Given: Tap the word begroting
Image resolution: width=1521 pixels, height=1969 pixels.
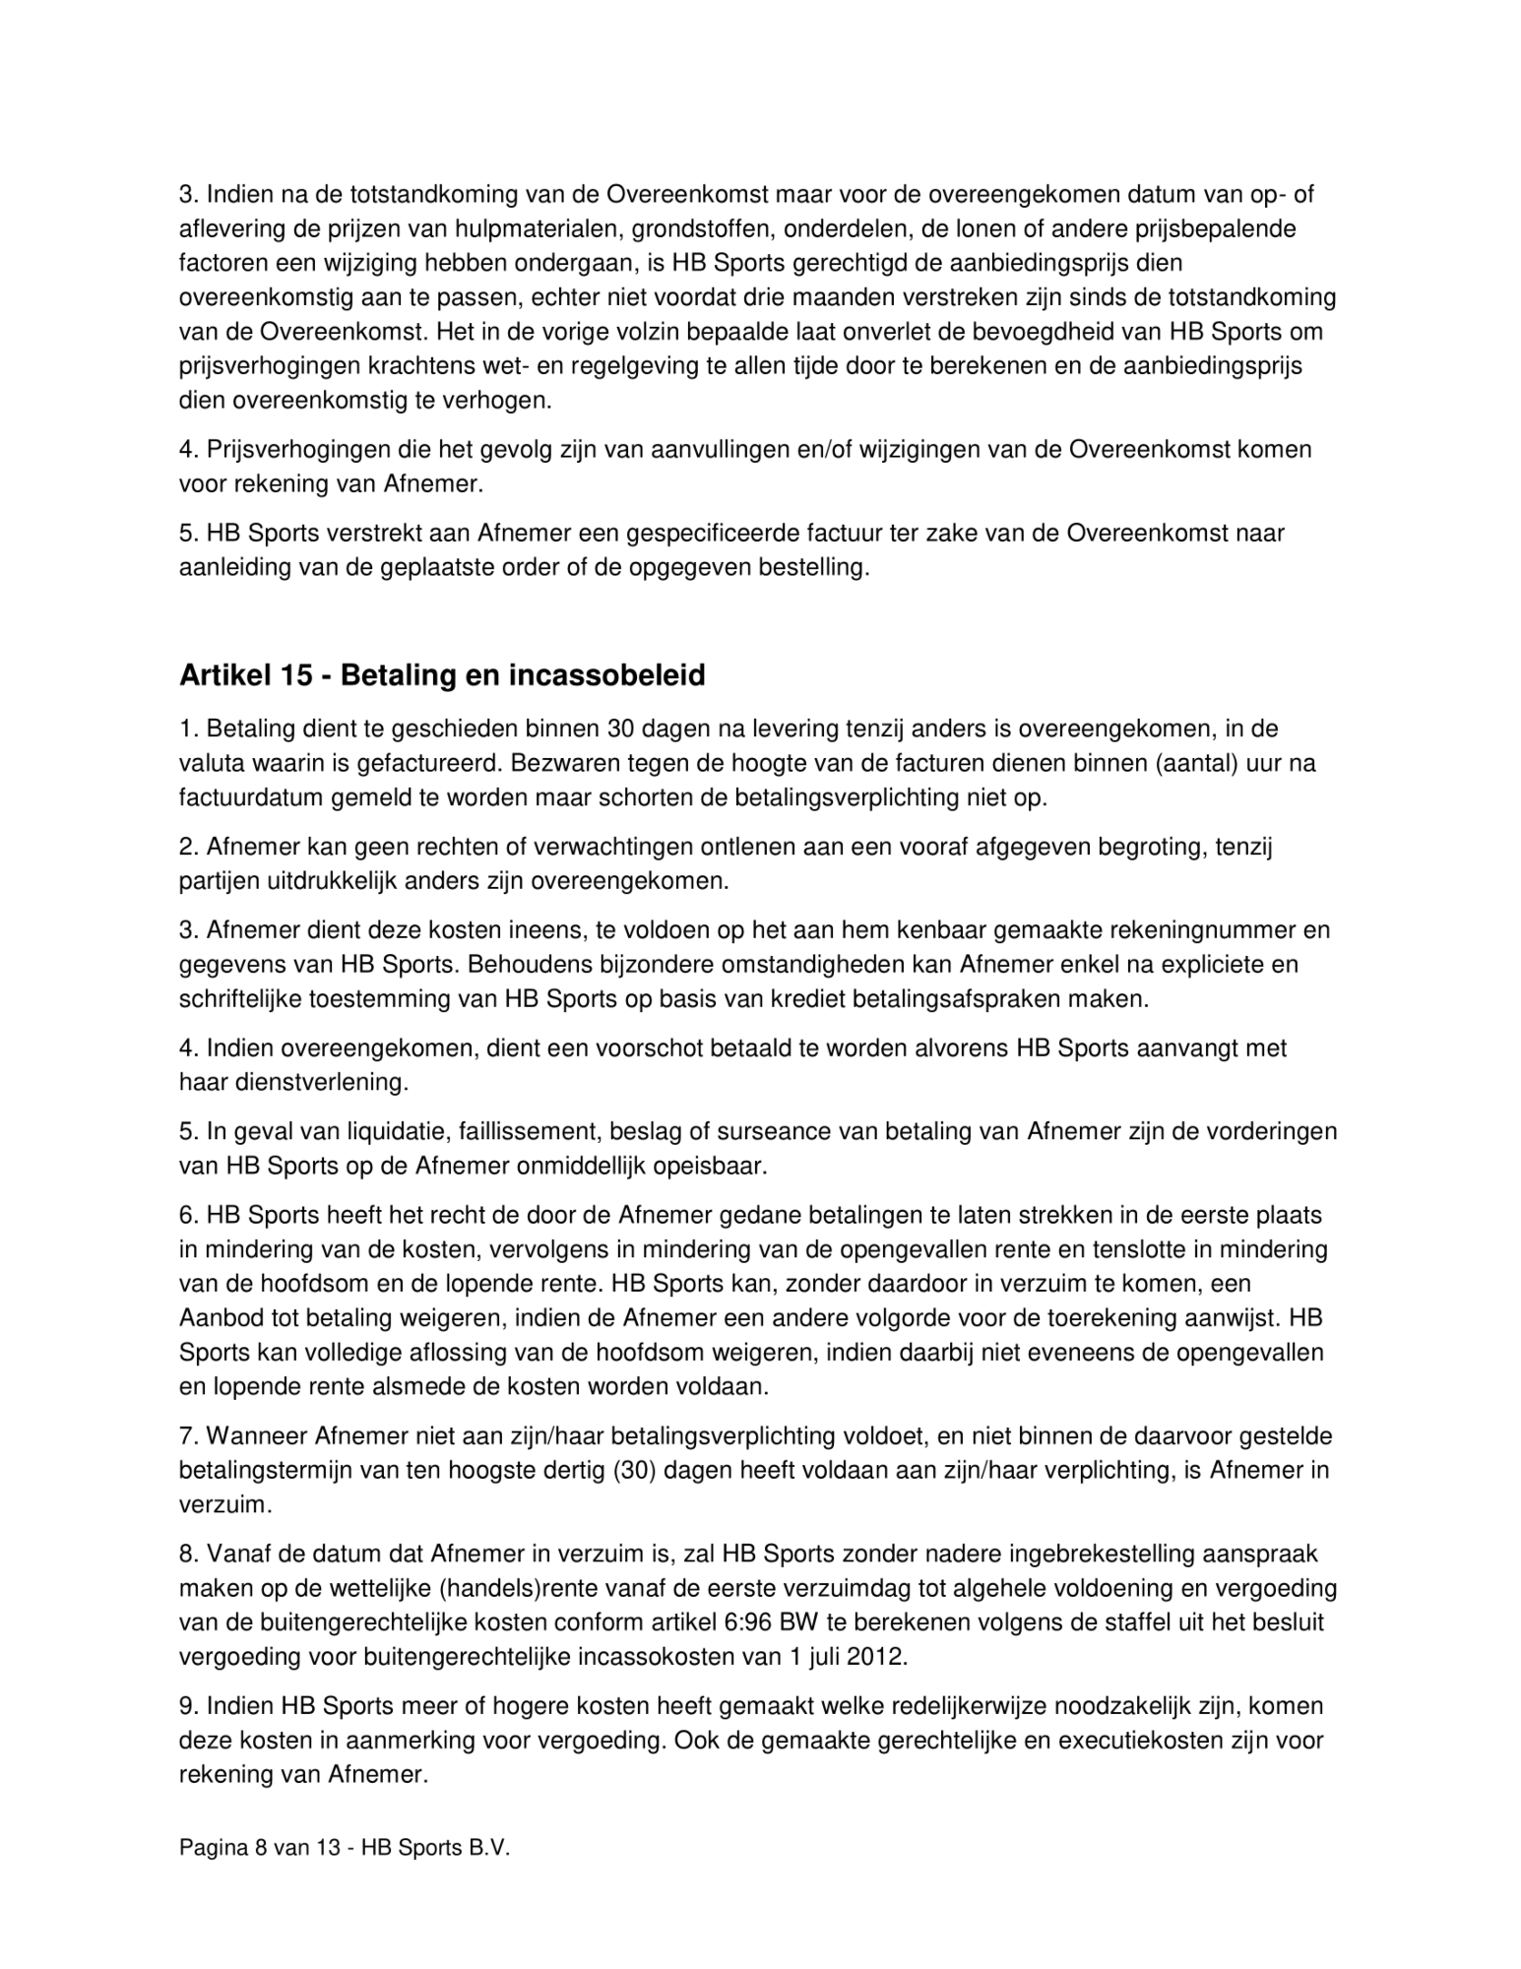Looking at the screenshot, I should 1142,848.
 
